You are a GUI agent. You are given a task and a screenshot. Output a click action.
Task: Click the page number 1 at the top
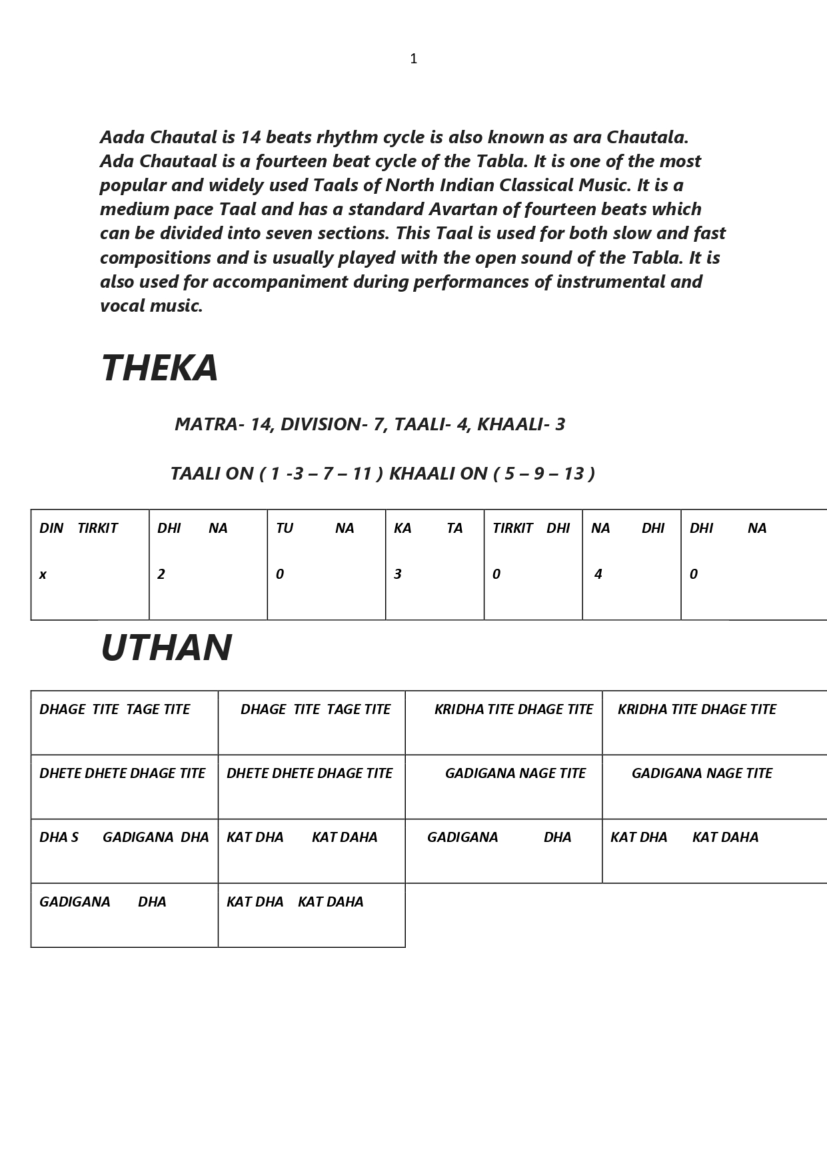point(413,59)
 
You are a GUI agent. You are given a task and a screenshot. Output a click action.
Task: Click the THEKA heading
point(159,368)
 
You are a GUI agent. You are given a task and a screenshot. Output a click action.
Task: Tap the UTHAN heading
point(166,647)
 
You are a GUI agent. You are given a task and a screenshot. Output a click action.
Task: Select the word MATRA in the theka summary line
point(205,424)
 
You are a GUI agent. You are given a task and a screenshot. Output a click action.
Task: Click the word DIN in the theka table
point(51,528)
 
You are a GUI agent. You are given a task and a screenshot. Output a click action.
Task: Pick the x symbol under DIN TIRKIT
point(43,574)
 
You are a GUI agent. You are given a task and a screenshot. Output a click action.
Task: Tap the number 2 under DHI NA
point(161,574)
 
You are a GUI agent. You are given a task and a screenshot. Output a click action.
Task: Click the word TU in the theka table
point(285,528)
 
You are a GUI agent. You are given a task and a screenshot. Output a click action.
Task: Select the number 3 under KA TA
point(397,574)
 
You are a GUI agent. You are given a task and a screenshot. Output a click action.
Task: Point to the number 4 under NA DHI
point(598,574)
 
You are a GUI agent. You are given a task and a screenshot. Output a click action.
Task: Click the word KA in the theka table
point(403,528)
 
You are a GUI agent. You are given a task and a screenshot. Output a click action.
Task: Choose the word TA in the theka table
point(454,528)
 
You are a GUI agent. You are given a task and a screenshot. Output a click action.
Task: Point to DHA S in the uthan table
point(59,837)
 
